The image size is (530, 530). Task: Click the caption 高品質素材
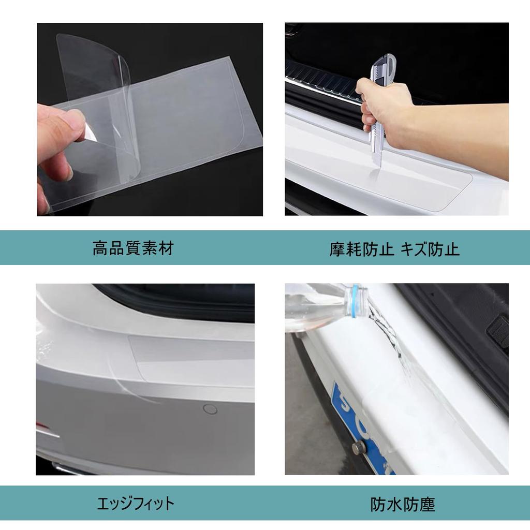point(132,248)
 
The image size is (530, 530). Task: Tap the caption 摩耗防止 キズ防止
point(394,249)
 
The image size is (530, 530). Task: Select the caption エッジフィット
point(136,503)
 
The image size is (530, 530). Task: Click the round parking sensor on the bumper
point(210,409)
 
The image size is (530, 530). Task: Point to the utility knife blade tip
point(380,165)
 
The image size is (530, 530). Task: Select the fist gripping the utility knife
point(383,104)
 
